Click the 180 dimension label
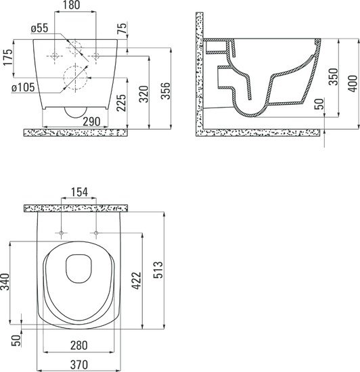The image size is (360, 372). tap(71, 5)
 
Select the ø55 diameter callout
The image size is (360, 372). tap(39, 28)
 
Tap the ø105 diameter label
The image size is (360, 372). tap(23, 87)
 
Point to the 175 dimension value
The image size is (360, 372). tap(7, 57)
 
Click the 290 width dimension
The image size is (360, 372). tap(91, 122)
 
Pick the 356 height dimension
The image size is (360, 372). tap(166, 91)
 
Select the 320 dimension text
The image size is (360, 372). tap(143, 94)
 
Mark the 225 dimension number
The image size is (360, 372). tap(121, 103)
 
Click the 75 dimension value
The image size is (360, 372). tap(122, 28)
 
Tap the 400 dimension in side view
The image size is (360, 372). tap(353, 83)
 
